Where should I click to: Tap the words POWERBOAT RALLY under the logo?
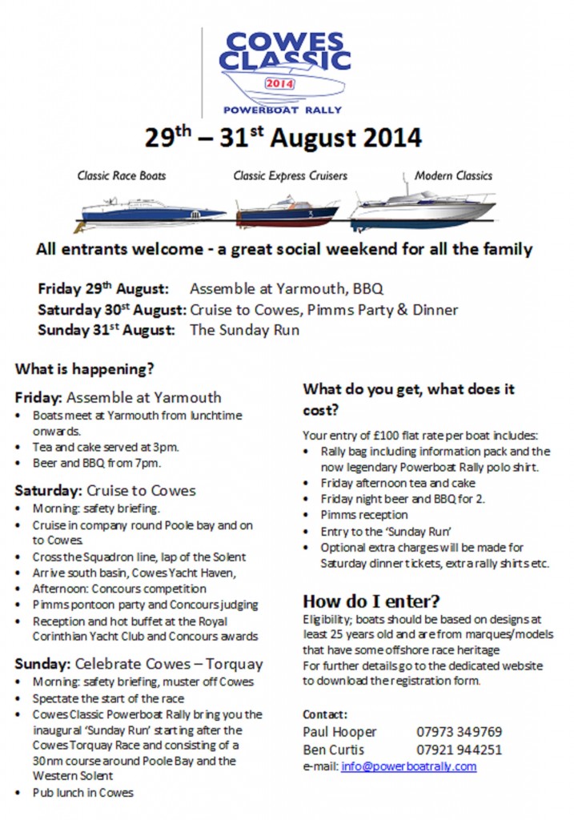283,110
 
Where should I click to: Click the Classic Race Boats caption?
122,175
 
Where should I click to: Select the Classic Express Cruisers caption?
290,175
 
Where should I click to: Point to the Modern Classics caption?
453,175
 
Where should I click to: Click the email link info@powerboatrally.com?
408,766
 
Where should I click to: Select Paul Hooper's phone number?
459,732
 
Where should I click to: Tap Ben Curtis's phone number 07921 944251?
459,750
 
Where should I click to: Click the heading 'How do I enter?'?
371,601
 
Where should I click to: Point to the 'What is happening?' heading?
84,370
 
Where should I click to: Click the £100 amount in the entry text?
367,436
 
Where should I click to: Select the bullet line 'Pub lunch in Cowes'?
83,793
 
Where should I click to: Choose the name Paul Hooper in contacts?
339,732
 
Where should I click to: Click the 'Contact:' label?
325,713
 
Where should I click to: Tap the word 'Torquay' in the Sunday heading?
233,664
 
